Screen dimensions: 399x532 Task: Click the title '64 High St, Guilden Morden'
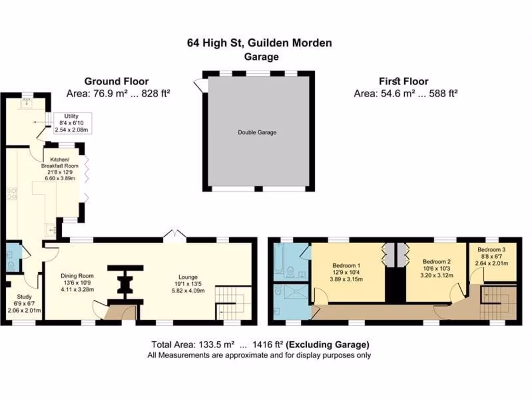pos(259,43)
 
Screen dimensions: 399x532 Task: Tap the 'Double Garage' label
pos(257,132)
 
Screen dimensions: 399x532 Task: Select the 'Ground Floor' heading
pos(116,81)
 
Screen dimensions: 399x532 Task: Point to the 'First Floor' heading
pos(403,81)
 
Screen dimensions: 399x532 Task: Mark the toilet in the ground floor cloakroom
pos(11,265)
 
